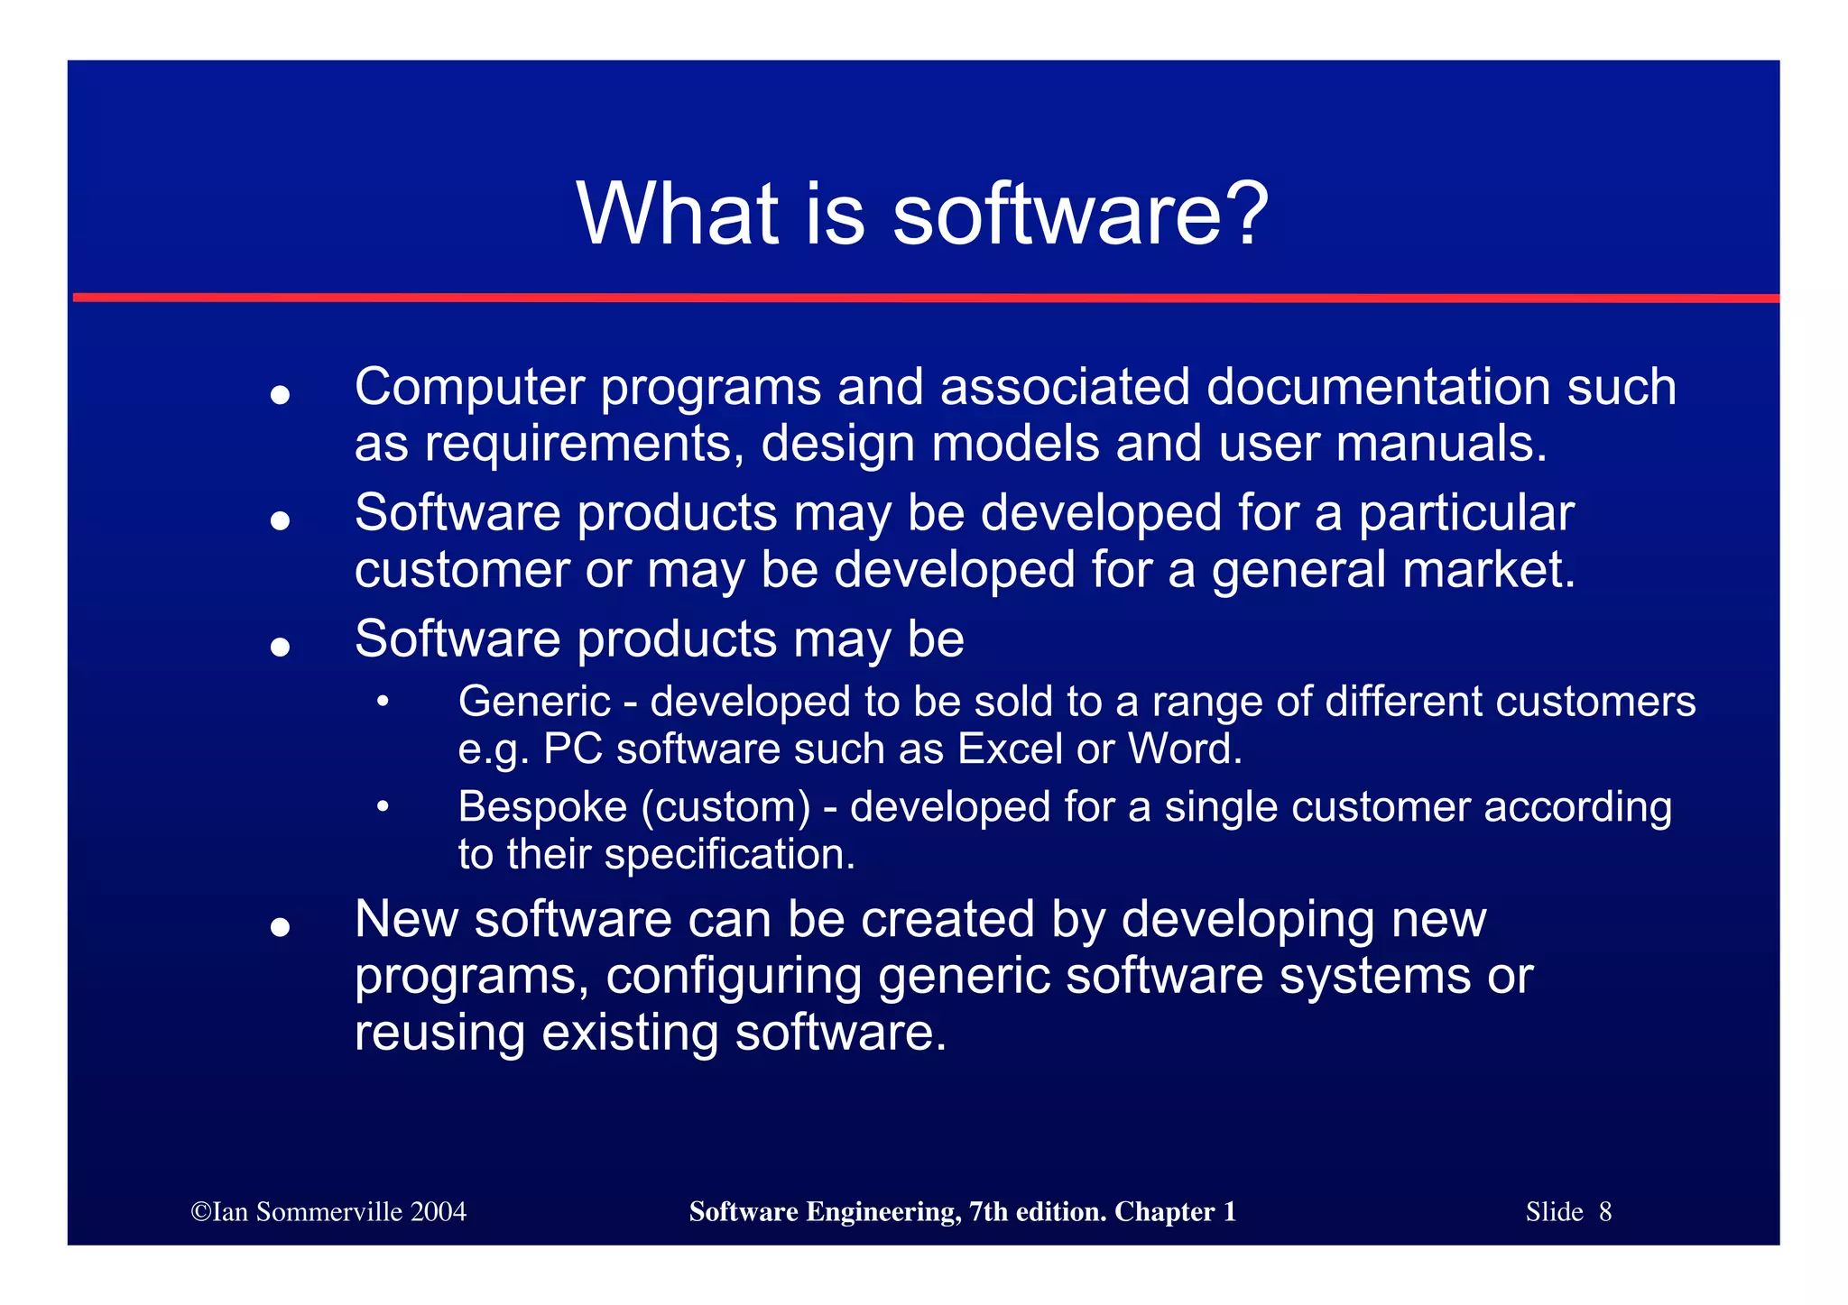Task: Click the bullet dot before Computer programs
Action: pos(280,395)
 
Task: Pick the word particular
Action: pos(1466,514)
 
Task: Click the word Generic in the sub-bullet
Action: pos(534,702)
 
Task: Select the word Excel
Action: pos(1010,749)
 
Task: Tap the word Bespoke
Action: pos(542,806)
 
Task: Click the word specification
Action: pos(729,855)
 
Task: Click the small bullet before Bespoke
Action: pos(383,806)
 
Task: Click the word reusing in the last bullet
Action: pos(439,1034)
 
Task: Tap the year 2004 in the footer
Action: pos(438,1211)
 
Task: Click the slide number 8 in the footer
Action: pos(1605,1211)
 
